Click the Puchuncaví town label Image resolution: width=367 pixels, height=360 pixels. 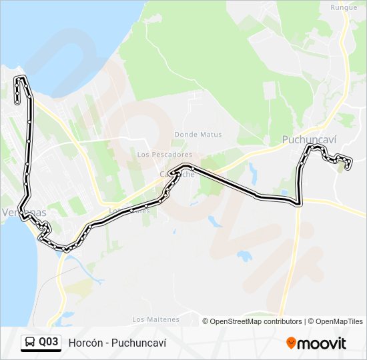click(309, 139)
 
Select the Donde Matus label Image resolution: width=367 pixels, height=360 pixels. click(198, 134)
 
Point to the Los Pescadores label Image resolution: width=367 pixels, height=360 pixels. click(164, 155)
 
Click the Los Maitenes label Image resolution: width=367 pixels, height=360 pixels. click(155, 319)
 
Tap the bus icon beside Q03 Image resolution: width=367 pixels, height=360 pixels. click(30, 343)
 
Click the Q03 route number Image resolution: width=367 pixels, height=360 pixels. click(48, 343)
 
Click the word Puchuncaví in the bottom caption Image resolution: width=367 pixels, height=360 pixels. click(142, 343)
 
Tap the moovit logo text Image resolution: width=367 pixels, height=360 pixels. click(322, 343)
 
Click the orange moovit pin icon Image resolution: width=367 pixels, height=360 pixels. click(291, 343)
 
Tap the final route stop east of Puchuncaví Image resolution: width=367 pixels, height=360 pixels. click(348, 166)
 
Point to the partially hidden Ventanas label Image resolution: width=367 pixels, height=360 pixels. click(23, 212)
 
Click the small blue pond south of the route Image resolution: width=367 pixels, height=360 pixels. click(244, 255)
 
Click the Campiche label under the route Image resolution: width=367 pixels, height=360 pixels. click(177, 174)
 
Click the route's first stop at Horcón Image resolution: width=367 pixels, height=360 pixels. click(17, 101)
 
